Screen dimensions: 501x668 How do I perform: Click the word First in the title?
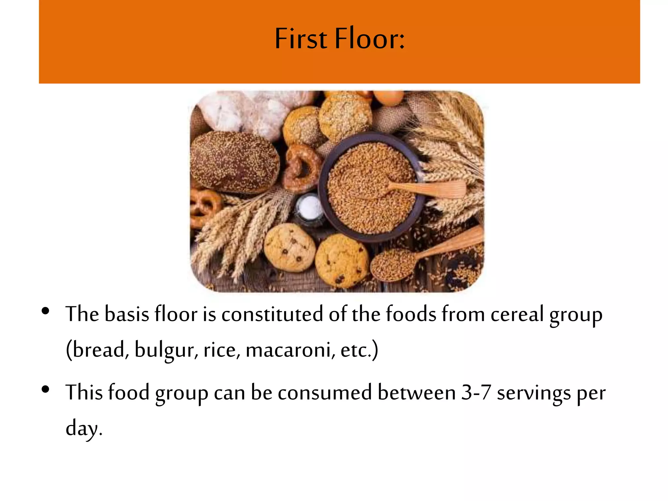[x=301, y=39]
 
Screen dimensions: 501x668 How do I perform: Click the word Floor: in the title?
[x=370, y=39]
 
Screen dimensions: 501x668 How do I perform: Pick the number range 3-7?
[x=476, y=392]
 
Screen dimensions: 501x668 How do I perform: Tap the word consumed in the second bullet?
[x=325, y=392]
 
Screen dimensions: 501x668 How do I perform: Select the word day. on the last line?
[x=84, y=429]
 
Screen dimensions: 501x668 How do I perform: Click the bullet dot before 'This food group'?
[x=46, y=389]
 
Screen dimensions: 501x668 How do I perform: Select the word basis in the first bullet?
[x=127, y=315]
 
